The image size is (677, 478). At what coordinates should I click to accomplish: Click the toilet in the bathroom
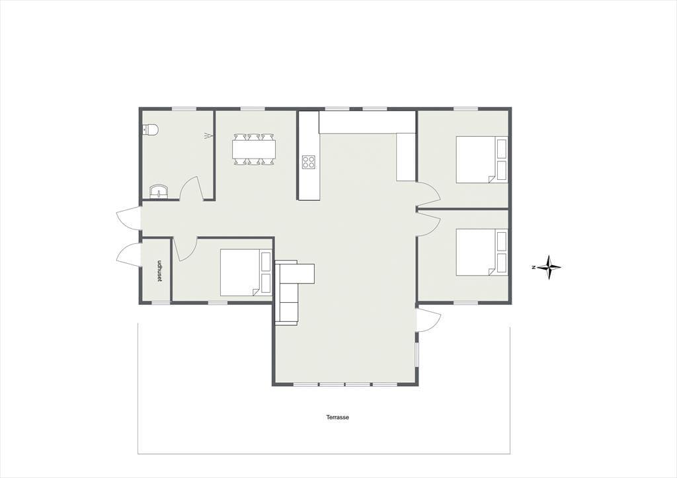(151, 129)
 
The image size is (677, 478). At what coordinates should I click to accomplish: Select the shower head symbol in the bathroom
(208, 136)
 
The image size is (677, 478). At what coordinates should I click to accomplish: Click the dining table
(254, 149)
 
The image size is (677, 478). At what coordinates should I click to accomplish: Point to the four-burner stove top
(309, 162)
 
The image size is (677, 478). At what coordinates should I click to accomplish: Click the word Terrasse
(338, 418)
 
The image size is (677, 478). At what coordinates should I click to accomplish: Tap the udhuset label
(159, 271)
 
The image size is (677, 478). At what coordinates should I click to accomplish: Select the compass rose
(549, 267)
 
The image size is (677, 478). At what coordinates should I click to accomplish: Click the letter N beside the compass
(534, 268)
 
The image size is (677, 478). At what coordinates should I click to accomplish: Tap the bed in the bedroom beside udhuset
(246, 272)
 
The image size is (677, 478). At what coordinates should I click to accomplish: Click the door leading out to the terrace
(428, 320)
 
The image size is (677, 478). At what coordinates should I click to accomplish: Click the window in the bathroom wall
(184, 108)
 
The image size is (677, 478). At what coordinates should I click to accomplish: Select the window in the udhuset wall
(160, 303)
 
